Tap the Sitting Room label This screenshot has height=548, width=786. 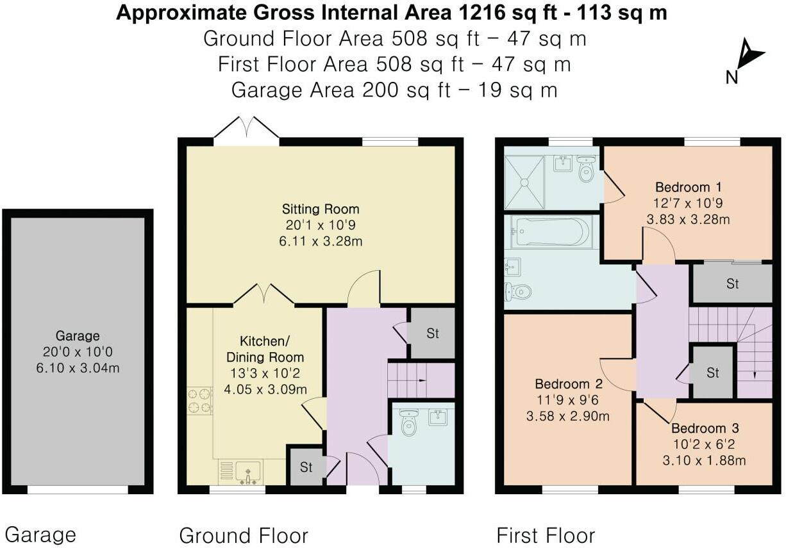321,209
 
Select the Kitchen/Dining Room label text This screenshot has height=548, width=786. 272,348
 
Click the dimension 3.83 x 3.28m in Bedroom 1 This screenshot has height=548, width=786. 689,219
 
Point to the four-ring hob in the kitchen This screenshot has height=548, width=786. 199,401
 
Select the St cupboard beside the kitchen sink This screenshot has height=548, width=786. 306,467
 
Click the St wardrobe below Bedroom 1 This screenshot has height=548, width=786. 732,284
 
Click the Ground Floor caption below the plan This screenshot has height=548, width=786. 244,535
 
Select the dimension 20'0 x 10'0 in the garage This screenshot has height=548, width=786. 78,352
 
